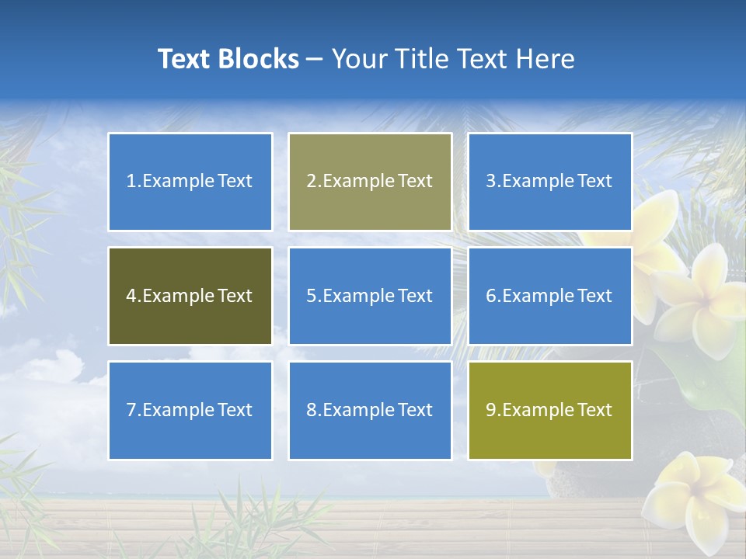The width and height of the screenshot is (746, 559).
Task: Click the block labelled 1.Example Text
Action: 190,182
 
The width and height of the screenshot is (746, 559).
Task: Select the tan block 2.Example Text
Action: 370,182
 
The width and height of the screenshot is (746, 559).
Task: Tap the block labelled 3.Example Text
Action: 550,182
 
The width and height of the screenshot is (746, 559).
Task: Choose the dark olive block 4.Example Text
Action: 190,296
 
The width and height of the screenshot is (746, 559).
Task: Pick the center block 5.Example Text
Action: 370,296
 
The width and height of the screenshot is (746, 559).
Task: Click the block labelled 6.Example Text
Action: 550,296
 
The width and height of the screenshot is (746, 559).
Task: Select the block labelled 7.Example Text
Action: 190,410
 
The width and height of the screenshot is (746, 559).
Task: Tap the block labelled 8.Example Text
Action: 370,410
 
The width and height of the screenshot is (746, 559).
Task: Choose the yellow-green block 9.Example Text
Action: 550,410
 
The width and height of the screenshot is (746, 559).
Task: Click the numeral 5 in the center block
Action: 311,296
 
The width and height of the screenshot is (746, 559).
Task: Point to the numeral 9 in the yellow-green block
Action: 491,410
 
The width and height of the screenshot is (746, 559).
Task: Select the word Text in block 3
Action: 594,182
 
